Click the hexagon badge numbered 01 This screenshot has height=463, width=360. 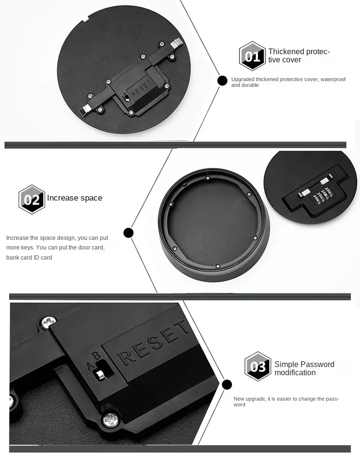(252, 56)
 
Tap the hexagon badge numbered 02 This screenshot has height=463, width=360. (32, 199)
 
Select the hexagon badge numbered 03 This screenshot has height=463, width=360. (258, 367)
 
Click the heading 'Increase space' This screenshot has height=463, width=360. (74, 198)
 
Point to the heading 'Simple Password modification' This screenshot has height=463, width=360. (304, 368)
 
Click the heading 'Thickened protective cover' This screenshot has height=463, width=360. (299, 56)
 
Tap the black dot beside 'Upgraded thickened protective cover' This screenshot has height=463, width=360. (222, 81)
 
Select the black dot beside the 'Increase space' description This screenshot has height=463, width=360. (128, 233)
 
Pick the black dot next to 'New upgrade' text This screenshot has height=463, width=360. (227, 384)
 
